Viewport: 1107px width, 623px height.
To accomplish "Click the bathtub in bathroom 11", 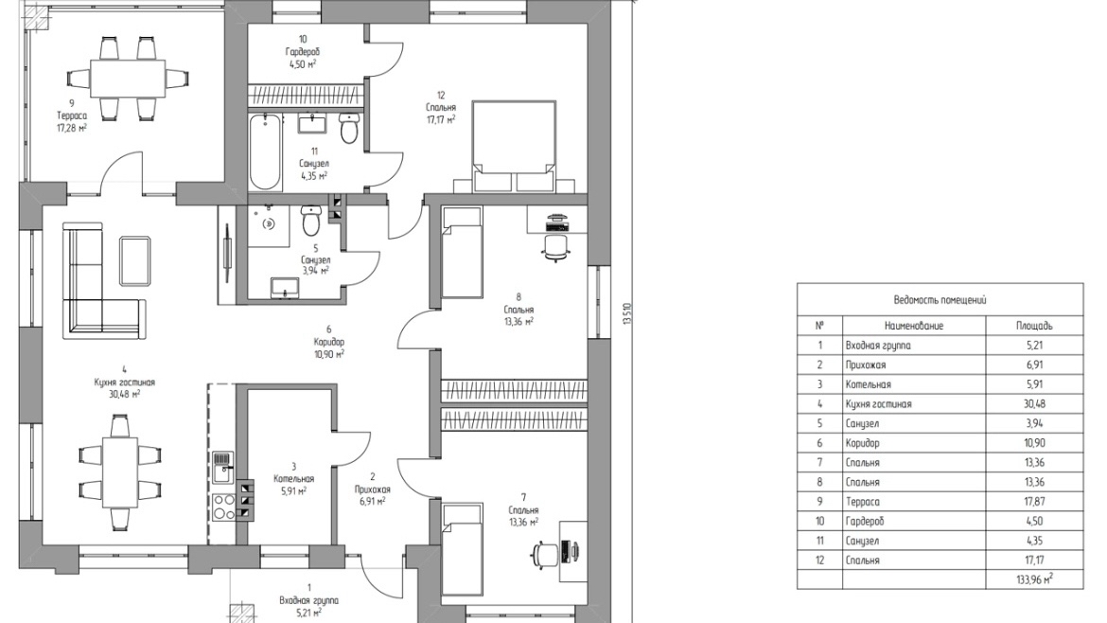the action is [265, 151].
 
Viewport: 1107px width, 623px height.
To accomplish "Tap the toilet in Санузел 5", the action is [311, 221].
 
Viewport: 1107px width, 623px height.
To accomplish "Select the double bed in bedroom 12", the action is [513, 146].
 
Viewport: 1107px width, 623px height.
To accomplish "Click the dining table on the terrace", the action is [127, 78].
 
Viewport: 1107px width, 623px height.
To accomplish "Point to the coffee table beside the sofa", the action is [135, 261].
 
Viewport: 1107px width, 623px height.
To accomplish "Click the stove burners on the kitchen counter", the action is [224, 507].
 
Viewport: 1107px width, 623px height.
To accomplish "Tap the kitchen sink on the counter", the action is [222, 467].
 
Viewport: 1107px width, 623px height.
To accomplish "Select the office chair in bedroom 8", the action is [556, 247].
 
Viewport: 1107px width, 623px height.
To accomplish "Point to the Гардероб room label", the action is [303, 51].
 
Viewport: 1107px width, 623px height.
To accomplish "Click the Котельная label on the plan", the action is [293, 479].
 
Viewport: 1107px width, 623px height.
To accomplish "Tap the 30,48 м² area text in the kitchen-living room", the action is [124, 394].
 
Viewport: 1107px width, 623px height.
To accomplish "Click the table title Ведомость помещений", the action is [940, 299].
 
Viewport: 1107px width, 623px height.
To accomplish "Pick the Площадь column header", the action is [1034, 326].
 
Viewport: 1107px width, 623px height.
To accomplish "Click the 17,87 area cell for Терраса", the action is [1034, 502].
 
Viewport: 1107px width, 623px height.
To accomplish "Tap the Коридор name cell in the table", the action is [863, 443].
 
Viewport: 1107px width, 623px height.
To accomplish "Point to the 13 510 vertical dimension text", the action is [625, 312].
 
